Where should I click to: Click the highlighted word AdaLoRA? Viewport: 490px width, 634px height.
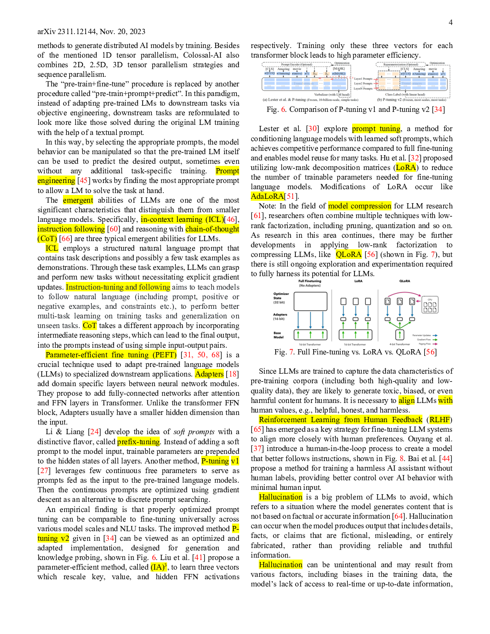pos(267,196)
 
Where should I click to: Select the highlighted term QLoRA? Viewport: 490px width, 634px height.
pos(349,254)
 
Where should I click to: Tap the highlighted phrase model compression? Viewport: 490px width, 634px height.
pos(359,206)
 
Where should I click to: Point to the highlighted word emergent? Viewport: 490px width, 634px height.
pos(78,200)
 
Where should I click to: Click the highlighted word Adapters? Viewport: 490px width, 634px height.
pos(209,374)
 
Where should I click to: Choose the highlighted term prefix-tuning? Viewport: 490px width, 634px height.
pos(138,441)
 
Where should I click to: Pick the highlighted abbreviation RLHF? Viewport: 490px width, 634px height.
pos(440,419)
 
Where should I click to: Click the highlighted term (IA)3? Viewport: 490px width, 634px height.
pos(159,567)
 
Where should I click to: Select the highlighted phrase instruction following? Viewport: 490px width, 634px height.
pos(71,229)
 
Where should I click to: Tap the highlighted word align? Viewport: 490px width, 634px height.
pos(406,400)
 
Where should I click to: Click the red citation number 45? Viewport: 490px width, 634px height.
pos(84,180)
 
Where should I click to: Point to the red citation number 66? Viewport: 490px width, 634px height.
pos(66,238)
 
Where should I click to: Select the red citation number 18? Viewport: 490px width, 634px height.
pos(233,374)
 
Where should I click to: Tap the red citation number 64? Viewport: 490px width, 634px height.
pos(398,516)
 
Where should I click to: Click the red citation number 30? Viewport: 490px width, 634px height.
pos(312,128)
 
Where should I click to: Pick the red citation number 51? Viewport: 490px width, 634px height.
pos(290,196)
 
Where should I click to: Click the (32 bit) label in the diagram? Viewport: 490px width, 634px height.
pos(279,303)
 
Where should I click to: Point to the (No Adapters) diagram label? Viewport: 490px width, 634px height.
pos(310,286)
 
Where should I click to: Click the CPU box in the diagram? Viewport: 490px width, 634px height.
pos(430,305)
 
